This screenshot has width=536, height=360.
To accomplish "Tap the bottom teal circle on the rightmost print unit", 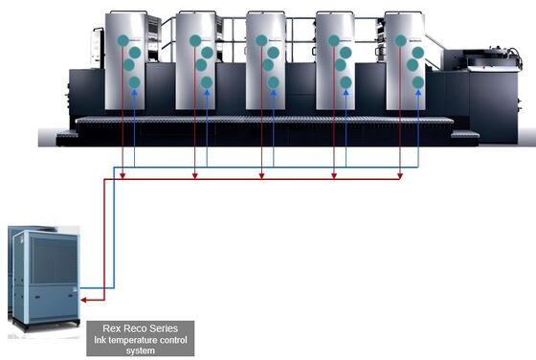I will point(417,82).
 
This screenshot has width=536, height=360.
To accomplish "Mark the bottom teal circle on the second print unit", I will point(206,82).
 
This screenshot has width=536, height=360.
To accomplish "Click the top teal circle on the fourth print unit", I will point(334,41).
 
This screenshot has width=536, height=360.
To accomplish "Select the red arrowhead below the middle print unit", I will point(261,174).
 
